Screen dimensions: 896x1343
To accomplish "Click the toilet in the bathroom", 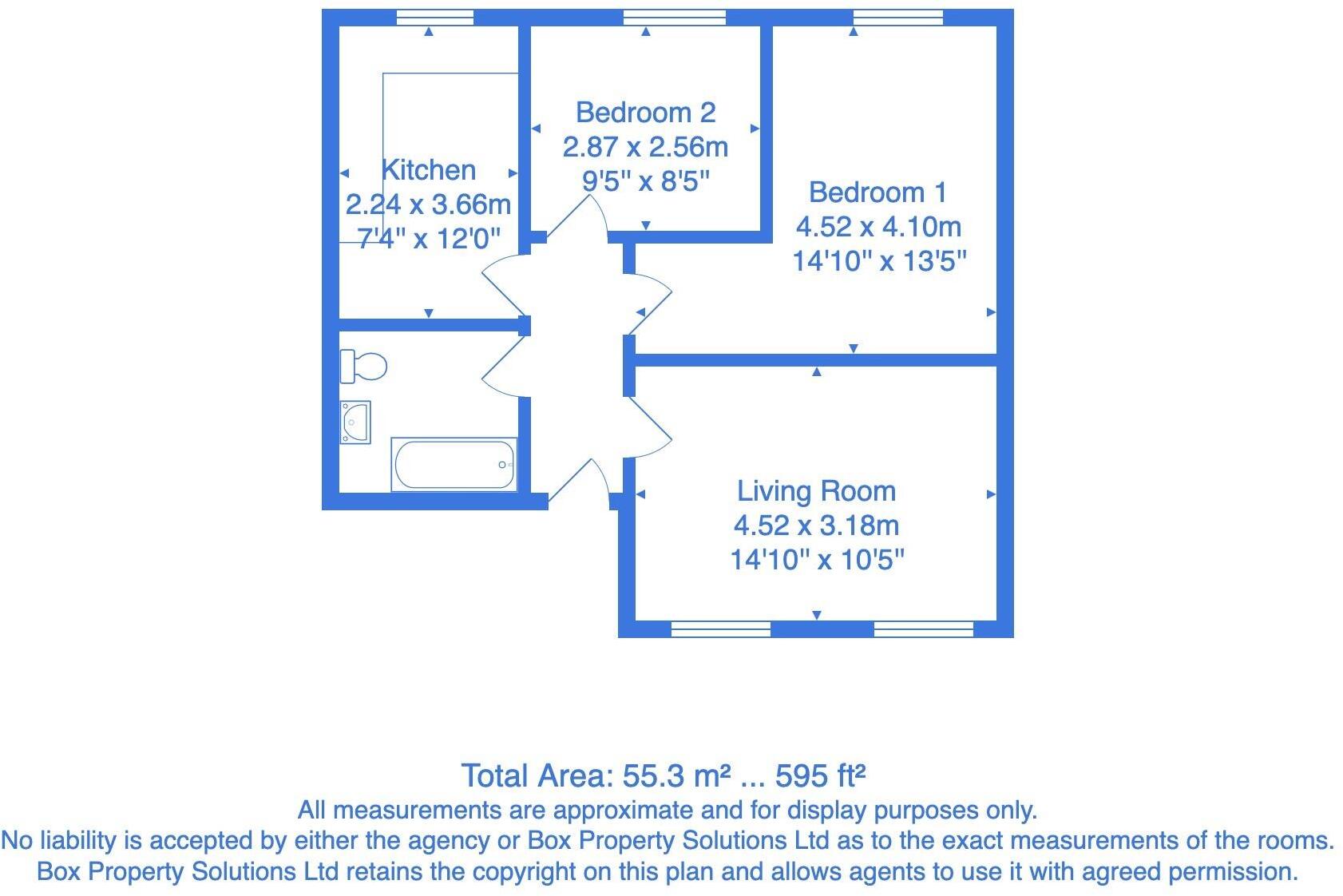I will click(363, 367).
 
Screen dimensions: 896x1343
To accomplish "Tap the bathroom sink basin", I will click(355, 422).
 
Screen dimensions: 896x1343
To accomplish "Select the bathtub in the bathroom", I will click(454, 465).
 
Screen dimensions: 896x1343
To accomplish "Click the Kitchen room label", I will click(429, 170).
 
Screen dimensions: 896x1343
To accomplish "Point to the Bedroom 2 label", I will click(645, 113).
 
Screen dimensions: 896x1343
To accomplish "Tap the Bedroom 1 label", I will click(878, 192).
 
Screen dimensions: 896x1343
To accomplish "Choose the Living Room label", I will click(816, 491).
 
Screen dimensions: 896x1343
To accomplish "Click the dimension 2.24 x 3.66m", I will click(428, 204).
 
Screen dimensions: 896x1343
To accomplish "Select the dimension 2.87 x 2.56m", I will click(645, 147).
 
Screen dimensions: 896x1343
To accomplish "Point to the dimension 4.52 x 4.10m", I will click(878, 227).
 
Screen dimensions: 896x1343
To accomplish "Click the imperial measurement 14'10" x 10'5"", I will click(817, 560).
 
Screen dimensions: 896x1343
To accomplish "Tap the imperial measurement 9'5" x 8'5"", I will click(645, 181).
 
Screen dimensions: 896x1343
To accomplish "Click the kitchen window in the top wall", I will click(434, 18).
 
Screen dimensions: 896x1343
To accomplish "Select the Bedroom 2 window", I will click(674, 18).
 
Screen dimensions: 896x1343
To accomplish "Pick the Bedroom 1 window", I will click(897, 18).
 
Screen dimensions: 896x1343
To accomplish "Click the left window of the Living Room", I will click(720, 629).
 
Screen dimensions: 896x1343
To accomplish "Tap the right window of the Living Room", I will click(923, 629).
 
